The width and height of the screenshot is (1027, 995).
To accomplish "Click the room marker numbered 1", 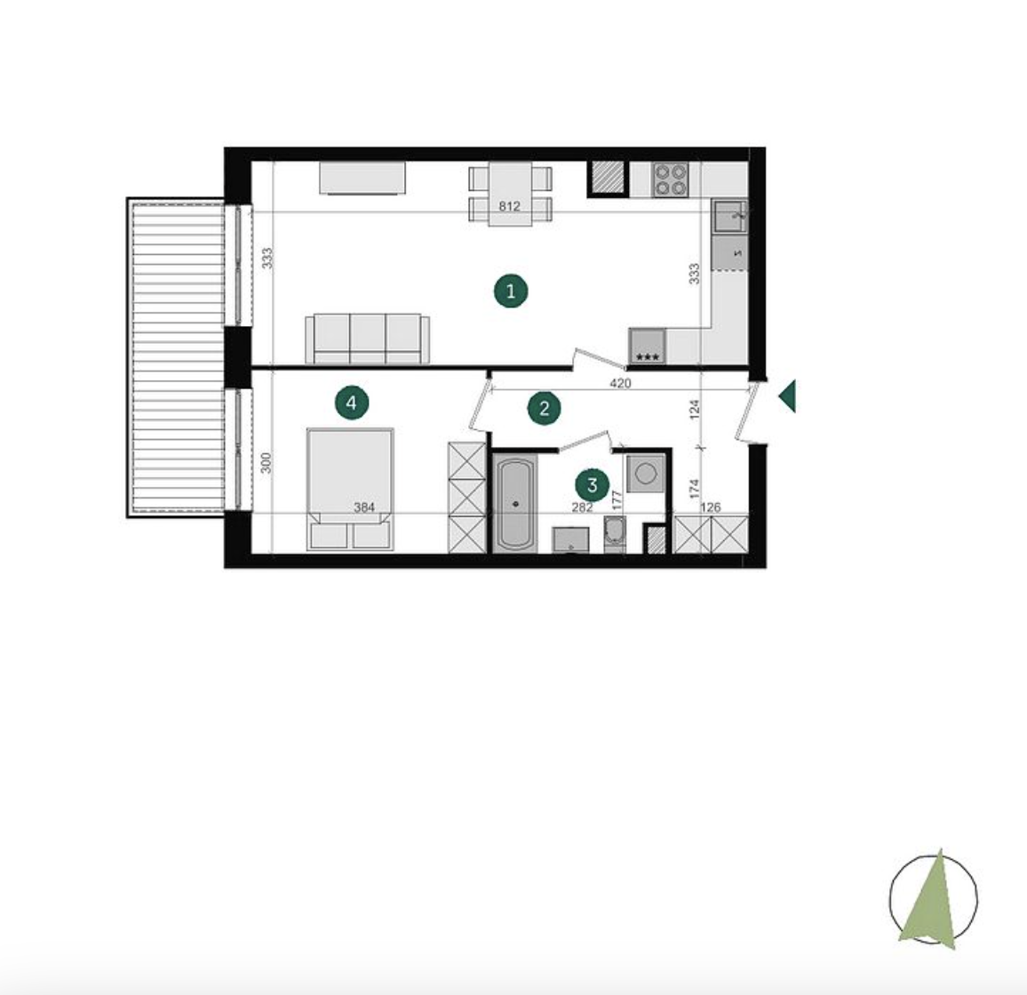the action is click(511, 291).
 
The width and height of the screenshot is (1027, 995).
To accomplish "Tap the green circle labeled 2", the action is click(545, 408).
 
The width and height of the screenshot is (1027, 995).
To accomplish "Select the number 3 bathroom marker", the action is click(592, 485).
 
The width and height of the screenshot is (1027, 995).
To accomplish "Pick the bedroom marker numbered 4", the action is click(352, 402).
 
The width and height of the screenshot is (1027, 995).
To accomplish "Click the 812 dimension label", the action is click(510, 206).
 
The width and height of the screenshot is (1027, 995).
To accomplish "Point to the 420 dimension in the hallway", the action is click(620, 383).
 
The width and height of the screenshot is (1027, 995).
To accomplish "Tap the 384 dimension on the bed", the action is click(364, 507).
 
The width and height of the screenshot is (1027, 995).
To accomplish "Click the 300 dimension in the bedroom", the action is click(266, 463).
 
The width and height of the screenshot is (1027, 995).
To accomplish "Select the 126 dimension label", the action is click(711, 507).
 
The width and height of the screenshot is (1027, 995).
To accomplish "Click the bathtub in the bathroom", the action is click(515, 504).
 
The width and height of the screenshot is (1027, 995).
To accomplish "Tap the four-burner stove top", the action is click(671, 179).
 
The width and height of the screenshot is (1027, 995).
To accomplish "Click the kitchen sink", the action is click(729, 216).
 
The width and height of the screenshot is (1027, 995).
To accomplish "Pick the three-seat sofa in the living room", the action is click(368, 338).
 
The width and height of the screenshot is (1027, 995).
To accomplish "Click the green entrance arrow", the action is click(787, 395).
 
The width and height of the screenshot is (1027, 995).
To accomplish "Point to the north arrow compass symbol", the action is click(934, 899).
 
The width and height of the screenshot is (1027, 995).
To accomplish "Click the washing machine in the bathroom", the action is click(646, 473).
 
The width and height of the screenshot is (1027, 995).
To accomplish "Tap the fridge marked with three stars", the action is click(647, 346).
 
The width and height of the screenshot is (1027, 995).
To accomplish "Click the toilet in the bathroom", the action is click(615, 533).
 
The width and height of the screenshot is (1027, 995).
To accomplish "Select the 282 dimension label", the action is click(582, 507).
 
